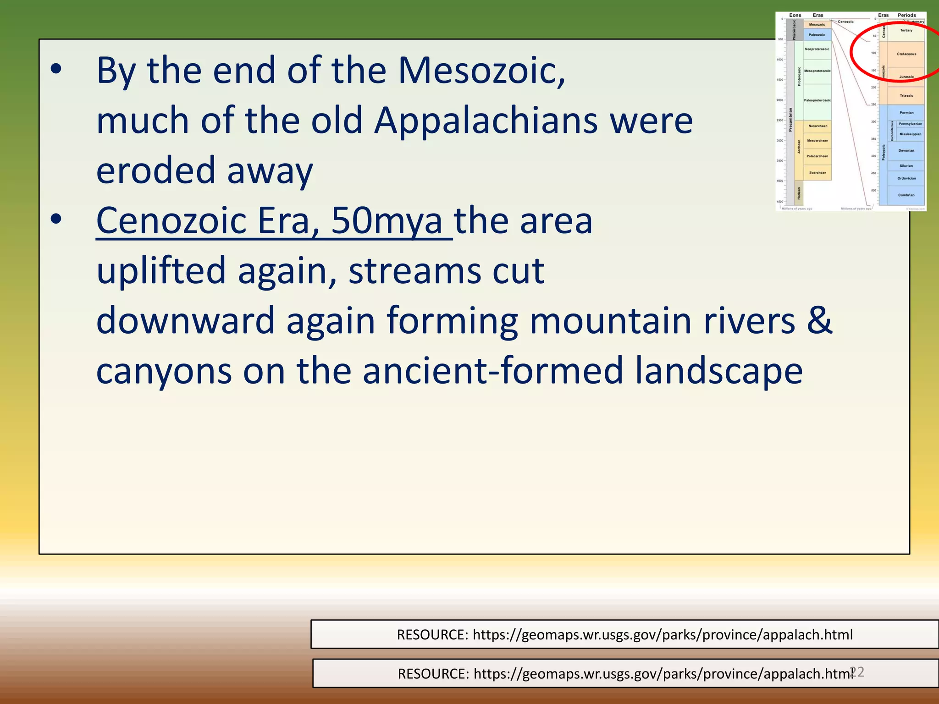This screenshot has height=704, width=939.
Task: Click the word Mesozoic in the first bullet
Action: pyautogui.click(x=481, y=71)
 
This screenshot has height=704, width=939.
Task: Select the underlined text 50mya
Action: pyautogui.click(x=386, y=221)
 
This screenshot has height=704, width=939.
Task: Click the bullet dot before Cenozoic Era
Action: pyautogui.click(x=56, y=220)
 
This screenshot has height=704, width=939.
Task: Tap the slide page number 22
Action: pyautogui.click(x=856, y=672)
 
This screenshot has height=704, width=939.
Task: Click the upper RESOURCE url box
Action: pyautogui.click(x=624, y=634)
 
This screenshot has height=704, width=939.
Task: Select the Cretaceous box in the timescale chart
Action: pyautogui.click(x=906, y=54)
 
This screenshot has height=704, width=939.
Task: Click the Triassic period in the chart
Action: pyautogui.click(x=906, y=96)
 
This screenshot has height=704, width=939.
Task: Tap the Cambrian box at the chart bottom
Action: pyautogui.click(x=906, y=195)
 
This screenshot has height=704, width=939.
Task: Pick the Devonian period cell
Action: pyautogui.click(x=906, y=150)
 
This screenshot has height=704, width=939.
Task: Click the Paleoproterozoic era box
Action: pyautogui.click(x=817, y=100)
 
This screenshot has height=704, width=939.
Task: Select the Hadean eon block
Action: pyautogui.click(x=799, y=193)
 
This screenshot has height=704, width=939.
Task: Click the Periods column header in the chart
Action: pyautogui.click(x=906, y=15)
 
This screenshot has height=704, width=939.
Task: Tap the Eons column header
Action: pyautogui.click(x=795, y=15)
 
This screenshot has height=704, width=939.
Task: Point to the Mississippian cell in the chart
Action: pyautogui.click(x=910, y=134)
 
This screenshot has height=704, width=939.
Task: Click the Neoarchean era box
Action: pyautogui.click(x=817, y=126)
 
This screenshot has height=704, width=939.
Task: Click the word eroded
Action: pyautogui.click(x=156, y=170)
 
